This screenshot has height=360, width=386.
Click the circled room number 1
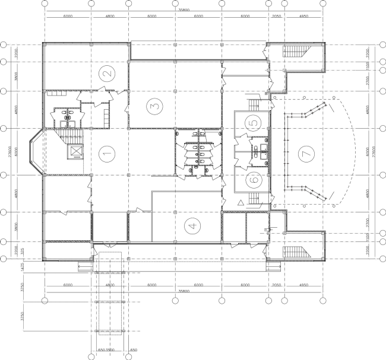(x=107, y=155)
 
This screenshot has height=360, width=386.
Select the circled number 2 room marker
(x=107, y=74)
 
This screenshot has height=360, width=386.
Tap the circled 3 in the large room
(x=154, y=106)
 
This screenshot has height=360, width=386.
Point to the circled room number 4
(x=191, y=225)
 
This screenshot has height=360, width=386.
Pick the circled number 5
(x=254, y=123)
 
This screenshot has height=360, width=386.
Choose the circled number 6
(x=254, y=177)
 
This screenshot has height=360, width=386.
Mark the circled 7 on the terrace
(x=306, y=153)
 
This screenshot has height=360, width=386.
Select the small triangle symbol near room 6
(x=241, y=203)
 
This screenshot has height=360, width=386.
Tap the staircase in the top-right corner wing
(x=295, y=53)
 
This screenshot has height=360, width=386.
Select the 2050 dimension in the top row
(x=276, y=17)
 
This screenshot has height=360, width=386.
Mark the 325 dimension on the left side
(x=23, y=251)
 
